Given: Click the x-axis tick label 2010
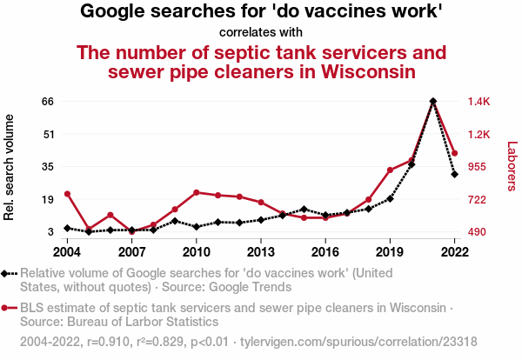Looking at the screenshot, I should point(197,252).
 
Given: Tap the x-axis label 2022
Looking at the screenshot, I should point(454,252).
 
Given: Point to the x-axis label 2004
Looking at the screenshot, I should point(67,252).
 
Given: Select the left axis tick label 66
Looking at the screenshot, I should point(48,102).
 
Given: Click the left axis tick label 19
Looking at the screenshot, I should point(48,199).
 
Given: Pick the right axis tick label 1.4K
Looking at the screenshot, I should point(480,102).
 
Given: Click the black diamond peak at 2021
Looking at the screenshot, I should point(433,102).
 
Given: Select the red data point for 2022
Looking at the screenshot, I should point(454,153).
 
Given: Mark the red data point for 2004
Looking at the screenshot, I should point(67,194).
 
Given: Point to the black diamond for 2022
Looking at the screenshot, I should point(454,174).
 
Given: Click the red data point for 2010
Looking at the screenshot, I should point(197,192).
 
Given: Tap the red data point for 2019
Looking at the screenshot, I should point(390,170).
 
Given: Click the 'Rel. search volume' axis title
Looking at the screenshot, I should point(10,171).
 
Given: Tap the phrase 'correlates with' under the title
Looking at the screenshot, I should point(261,33).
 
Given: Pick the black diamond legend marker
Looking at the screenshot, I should point(7,273).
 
